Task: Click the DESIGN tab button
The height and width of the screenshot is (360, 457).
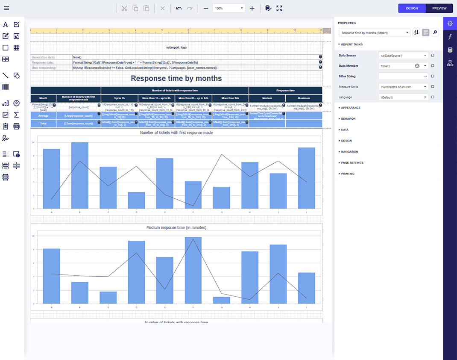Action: (412, 8)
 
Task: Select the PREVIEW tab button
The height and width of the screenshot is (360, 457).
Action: (439, 8)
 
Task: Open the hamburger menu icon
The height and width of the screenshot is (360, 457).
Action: (6, 8)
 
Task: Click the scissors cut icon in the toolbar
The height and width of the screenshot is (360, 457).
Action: (124, 8)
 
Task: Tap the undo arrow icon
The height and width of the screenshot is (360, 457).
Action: (179, 8)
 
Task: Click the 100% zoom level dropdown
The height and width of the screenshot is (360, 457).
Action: (229, 8)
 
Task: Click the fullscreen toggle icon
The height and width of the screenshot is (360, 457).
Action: (279, 8)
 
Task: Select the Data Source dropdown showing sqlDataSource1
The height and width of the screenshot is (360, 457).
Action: (403, 55)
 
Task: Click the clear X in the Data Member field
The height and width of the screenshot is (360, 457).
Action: (417, 66)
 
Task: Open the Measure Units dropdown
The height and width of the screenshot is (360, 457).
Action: (403, 87)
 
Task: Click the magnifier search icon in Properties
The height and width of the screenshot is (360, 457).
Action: (435, 32)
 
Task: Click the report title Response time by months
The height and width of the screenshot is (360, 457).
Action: (176, 78)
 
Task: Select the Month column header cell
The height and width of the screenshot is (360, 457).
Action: (43, 98)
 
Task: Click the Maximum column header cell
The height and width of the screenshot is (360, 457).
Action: (304, 98)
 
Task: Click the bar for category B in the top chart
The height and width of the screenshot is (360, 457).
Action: (79, 175)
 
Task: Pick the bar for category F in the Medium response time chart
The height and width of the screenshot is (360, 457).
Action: (193, 270)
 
